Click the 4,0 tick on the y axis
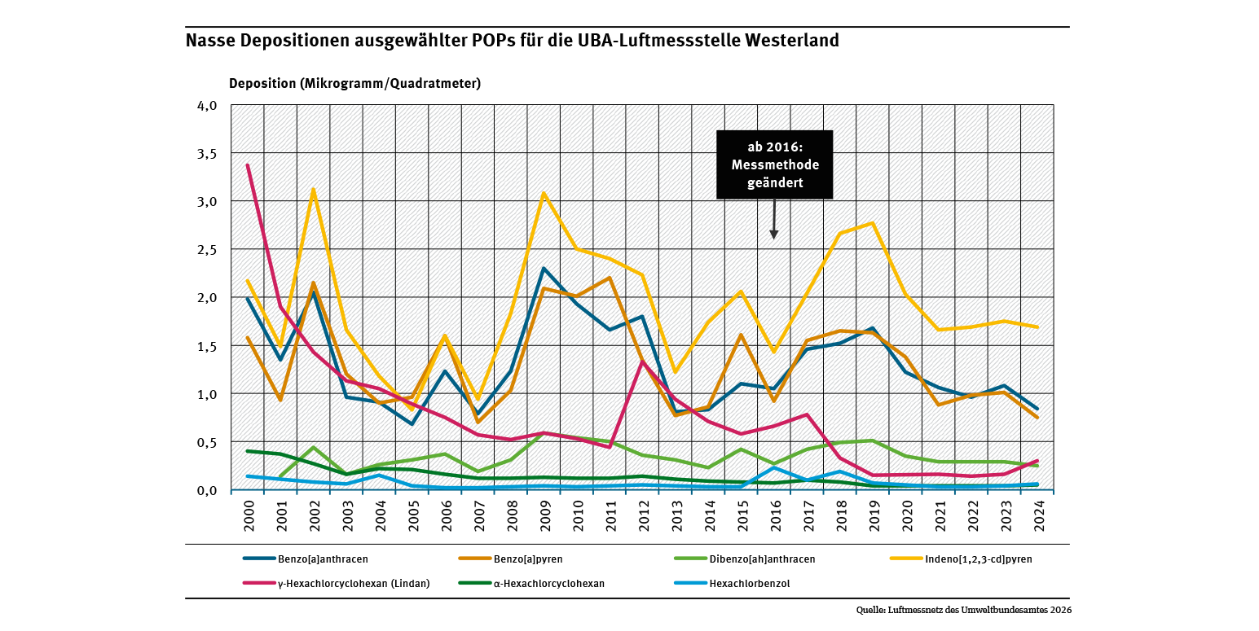point(207,106)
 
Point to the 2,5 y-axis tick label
point(207,250)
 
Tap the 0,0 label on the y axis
point(207,490)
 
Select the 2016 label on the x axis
point(774,515)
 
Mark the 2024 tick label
point(1038,515)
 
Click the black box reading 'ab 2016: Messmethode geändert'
point(774,164)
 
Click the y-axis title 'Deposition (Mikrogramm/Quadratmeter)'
point(354,83)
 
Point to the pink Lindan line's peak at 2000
point(248,165)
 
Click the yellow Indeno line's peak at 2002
point(314,190)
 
